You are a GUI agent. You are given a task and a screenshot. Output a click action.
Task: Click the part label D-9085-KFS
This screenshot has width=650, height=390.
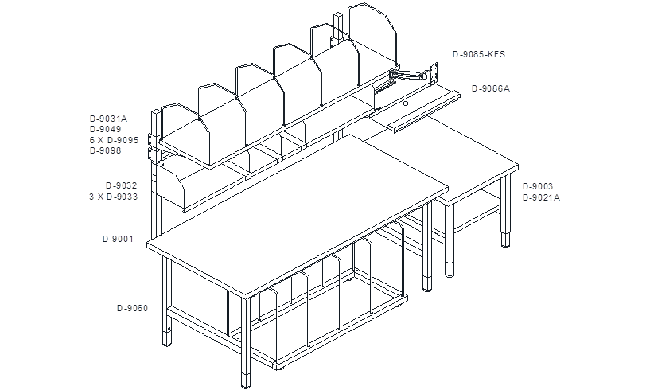(479, 54)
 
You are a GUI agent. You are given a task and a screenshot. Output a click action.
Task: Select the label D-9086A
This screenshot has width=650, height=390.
(491, 88)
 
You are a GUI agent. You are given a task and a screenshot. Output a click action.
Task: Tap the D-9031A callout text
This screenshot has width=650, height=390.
(109, 119)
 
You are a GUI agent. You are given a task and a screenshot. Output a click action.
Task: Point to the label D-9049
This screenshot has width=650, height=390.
(106, 129)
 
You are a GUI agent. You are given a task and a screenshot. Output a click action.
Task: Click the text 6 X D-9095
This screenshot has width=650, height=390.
(114, 140)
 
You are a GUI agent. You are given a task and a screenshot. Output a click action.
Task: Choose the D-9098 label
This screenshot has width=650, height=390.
(106, 150)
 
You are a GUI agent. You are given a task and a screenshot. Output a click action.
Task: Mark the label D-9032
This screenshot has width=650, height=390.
(122, 185)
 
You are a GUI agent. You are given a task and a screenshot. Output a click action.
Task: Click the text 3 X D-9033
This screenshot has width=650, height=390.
(114, 197)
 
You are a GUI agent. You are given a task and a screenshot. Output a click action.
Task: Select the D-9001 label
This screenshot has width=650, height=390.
(118, 239)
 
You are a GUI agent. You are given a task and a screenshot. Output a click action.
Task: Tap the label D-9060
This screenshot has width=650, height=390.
(132, 308)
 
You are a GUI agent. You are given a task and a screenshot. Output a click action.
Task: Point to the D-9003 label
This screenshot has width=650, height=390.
(538, 186)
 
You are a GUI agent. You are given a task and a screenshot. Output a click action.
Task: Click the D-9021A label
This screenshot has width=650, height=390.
(541, 197)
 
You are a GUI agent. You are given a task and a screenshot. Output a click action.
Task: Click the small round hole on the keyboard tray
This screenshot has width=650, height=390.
(406, 103)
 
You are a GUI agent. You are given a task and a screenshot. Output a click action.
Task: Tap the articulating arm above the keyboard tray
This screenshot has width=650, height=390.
(411, 75)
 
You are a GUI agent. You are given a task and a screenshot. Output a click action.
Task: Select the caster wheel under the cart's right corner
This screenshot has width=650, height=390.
(399, 306)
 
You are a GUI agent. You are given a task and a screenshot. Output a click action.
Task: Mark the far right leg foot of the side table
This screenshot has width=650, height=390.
(505, 240)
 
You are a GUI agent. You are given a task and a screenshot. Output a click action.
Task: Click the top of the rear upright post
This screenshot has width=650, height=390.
(339, 14)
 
